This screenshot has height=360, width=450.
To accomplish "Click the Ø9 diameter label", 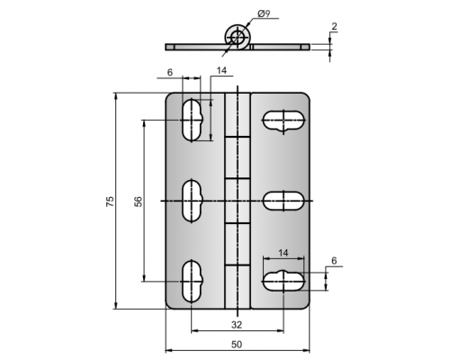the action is click(264, 13).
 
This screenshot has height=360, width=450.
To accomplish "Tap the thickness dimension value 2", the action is click(334, 26).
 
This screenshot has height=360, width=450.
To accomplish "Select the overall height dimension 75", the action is click(110, 201).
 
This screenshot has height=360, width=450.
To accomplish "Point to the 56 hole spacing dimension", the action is click(139, 201).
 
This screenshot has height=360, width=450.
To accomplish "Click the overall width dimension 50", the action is click(237, 345).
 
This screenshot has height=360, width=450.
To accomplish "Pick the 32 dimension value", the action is click(237, 325).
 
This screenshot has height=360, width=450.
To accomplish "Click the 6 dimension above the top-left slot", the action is click(170, 72).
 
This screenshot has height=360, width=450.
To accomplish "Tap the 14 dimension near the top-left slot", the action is click(221, 70).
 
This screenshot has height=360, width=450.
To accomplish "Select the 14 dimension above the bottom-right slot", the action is click(283, 253).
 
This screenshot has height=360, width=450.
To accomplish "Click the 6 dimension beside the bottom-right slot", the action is click(334, 261).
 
